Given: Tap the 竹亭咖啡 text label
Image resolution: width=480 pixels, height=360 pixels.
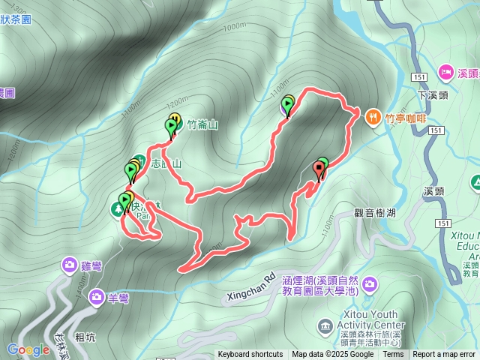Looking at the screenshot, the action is click(405, 117).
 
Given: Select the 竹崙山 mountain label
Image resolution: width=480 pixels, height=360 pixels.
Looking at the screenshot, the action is click(202, 125).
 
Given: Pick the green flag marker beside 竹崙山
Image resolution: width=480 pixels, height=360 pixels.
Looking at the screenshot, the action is click(169, 127).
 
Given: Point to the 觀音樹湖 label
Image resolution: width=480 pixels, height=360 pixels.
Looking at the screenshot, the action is click(376, 213).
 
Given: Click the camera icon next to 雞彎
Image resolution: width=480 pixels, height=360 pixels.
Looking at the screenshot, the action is click(70, 265).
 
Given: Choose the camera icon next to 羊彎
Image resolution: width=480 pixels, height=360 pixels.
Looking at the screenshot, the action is click(97, 298).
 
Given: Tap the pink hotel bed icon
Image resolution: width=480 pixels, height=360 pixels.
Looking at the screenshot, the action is click(444, 72).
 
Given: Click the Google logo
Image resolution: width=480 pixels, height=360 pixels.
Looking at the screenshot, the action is click(28, 349).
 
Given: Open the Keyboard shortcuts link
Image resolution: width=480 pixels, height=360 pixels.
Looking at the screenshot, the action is click(250, 355).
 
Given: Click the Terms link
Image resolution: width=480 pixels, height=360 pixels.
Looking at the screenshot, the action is click(393, 355).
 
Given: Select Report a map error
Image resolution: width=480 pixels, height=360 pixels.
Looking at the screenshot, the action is click(444, 355).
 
